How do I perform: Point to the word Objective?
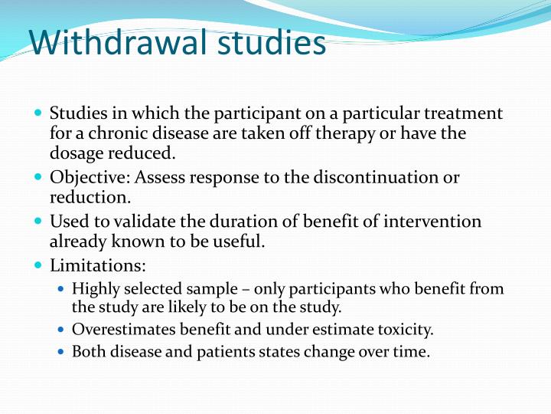[90, 178]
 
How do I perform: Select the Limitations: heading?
[97, 267]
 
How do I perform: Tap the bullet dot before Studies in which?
[39, 113]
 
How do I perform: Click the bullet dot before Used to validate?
[39, 222]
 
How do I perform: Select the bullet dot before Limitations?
[39, 267]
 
